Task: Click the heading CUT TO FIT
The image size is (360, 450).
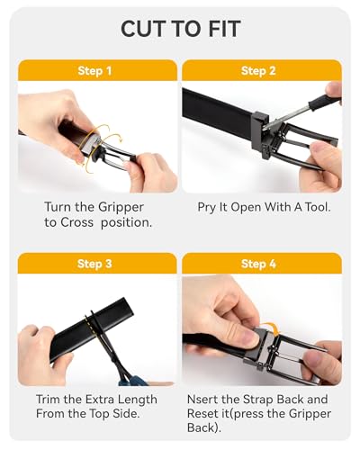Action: pos(180,29)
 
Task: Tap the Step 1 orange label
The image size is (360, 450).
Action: pos(94,70)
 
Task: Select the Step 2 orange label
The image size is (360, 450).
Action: pos(258,70)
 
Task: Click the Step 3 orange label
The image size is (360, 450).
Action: pos(94,264)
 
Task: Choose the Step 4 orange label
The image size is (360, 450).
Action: pos(258,264)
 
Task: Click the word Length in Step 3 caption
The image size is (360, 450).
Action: pos(136,399)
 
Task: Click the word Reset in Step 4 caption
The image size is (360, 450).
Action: pos(217,414)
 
